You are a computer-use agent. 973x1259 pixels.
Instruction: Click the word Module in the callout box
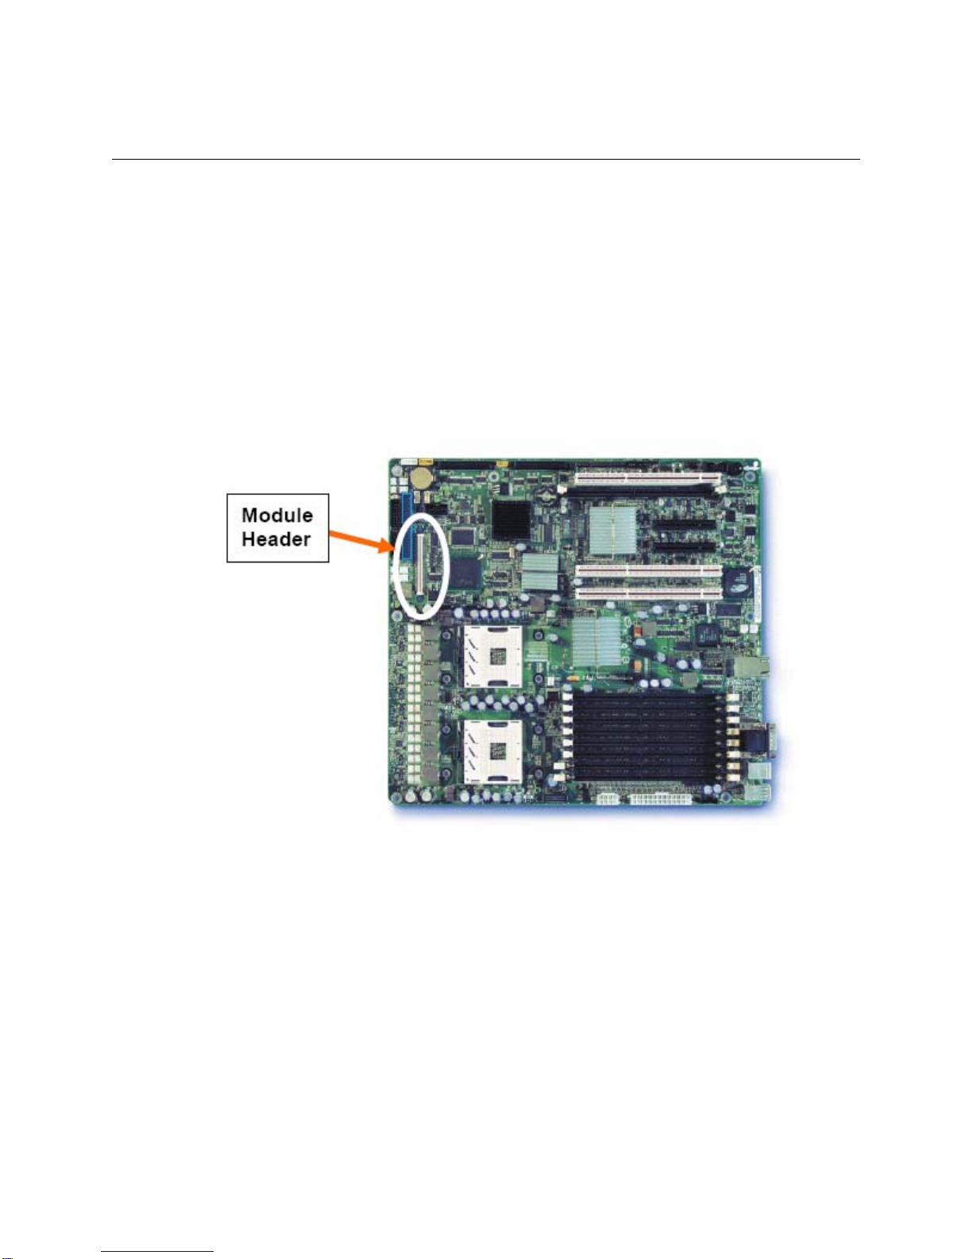click(x=276, y=515)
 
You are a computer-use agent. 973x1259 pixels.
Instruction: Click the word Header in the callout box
click(x=276, y=539)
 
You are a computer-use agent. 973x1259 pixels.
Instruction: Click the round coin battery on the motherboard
click(x=421, y=476)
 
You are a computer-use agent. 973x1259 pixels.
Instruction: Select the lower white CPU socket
click(x=492, y=751)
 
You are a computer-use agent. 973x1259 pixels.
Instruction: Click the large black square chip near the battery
click(x=510, y=520)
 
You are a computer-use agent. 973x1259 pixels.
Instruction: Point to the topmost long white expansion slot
click(x=647, y=478)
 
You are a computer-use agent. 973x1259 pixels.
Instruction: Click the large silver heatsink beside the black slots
click(x=613, y=531)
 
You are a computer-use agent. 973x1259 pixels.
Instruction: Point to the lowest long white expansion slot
click(x=647, y=593)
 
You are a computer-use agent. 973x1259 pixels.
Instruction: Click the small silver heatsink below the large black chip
click(x=539, y=570)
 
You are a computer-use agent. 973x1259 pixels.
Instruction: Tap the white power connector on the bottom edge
click(x=663, y=797)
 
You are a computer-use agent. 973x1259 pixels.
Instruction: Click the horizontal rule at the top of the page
click(x=485, y=160)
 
